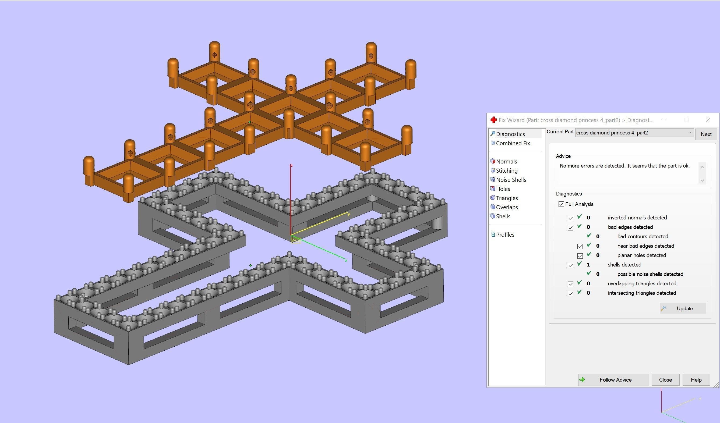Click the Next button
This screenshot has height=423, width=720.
pyautogui.click(x=706, y=134)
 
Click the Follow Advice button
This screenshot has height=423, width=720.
pyautogui.click(x=613, y=380)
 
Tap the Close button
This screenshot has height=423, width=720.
pyautogui.click(x=665, y=380)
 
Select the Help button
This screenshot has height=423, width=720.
pyautogui.click(x=696, y=380)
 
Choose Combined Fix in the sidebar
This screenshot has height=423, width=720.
pyautogui.click(x=513, y=143)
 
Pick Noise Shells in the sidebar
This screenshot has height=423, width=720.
pyautogui.click(x=511, y=180)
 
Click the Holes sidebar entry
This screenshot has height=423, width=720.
pyautogui.click(x=503, y=189)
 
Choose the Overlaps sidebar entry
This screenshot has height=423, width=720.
pyautogui.click(x=507, y=207)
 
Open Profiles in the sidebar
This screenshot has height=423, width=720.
pyautogui.click(x=505, y=235)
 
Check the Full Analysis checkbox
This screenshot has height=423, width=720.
pyautogui.click(x=561, y=204)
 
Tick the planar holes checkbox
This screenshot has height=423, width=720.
pyautogui.click(x=580, y=256)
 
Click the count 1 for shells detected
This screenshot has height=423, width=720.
pyautogui.click(x=588, y=265)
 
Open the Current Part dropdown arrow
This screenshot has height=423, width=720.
pyautogui.click(x=689, y=133)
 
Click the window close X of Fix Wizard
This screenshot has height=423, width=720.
pyautogui.click(x=708, y=120)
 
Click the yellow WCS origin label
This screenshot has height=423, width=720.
pyautogui.click(x=295, y=240)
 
